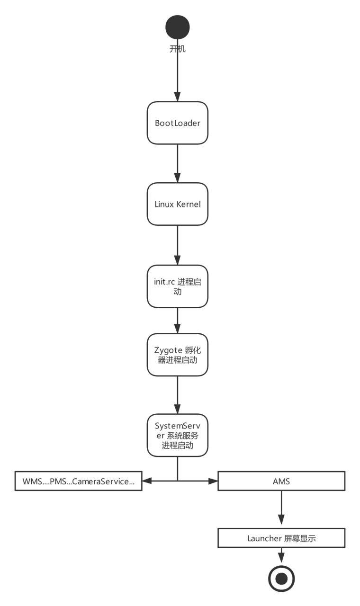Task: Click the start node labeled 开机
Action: (x=178, y=27)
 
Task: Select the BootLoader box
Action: (x=178, y=123)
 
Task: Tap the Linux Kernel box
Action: (x=178, y=204)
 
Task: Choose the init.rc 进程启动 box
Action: (x=178, y=286)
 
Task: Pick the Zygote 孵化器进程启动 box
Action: (x=178, y=355)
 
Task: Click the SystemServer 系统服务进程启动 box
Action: (x=178, y=436)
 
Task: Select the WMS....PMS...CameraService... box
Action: (x=79, y=481)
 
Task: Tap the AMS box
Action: (x=281, y=481)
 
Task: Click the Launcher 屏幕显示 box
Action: (x=281, y=538)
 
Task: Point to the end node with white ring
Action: (x=281, y=578)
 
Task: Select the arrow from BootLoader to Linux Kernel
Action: (x=178, y=163)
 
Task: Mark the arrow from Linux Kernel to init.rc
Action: (x=178, y=245)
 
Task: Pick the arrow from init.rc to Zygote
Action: (x=178, y=321)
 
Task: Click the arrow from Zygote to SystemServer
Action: (x=178, y=395)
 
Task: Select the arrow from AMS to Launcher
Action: (x=281, y=509)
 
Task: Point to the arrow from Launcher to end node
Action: (x=281, y=555)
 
